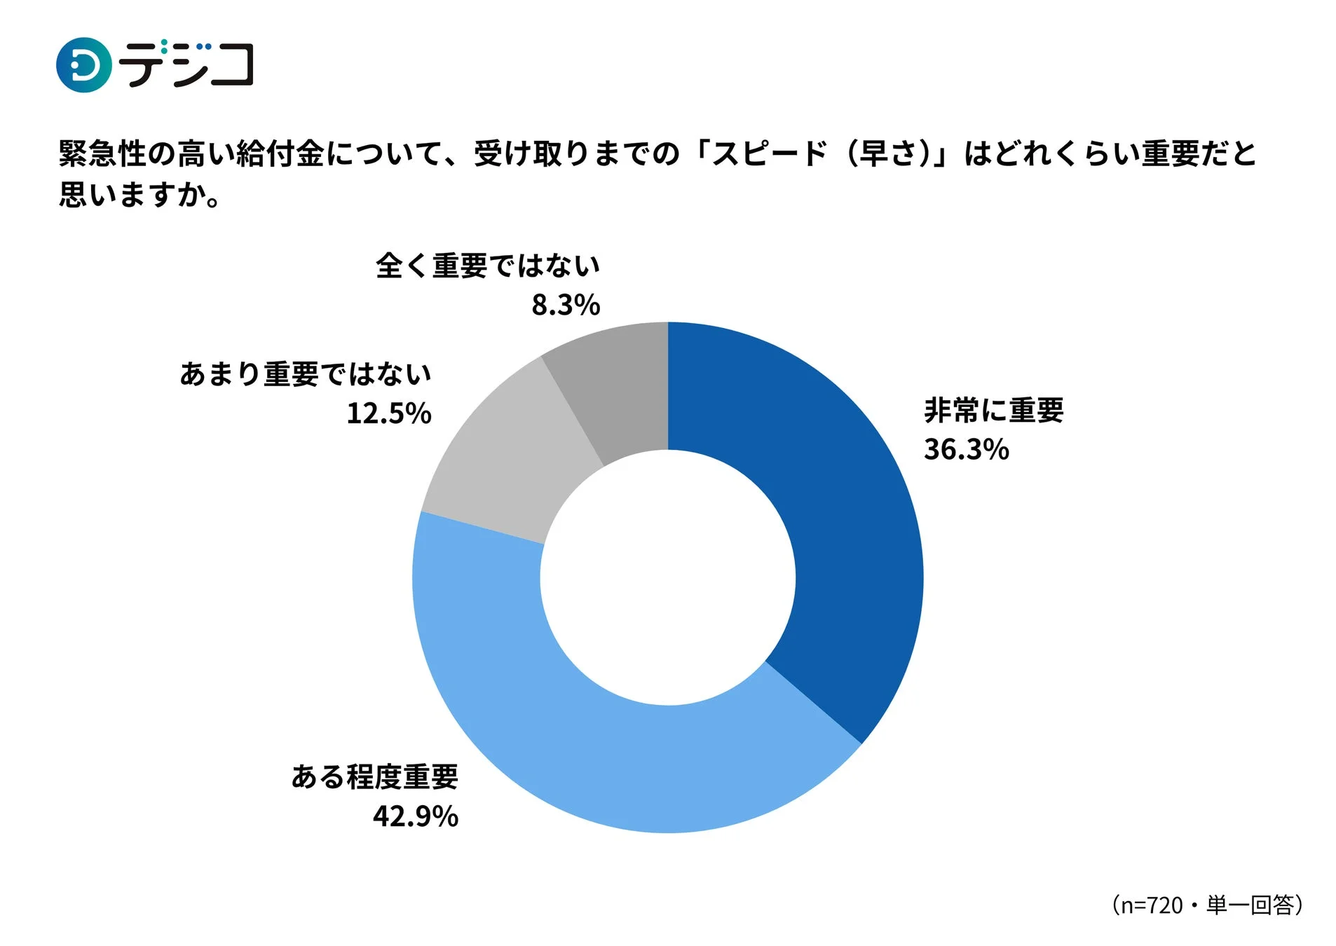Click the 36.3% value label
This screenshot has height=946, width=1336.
(965, 449)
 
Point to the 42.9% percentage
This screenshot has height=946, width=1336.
(415, 816)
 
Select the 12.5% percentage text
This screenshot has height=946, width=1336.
(388, 413)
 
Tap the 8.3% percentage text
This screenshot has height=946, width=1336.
(565, 304)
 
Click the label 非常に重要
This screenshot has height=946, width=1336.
(993, 410)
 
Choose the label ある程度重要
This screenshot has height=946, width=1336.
(374, 776)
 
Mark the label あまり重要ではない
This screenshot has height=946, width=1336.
(305, 373)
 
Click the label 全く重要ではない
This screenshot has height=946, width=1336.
(487, 265)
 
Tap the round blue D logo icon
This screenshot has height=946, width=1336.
(83, 65)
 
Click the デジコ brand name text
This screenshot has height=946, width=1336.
(186, 64)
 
